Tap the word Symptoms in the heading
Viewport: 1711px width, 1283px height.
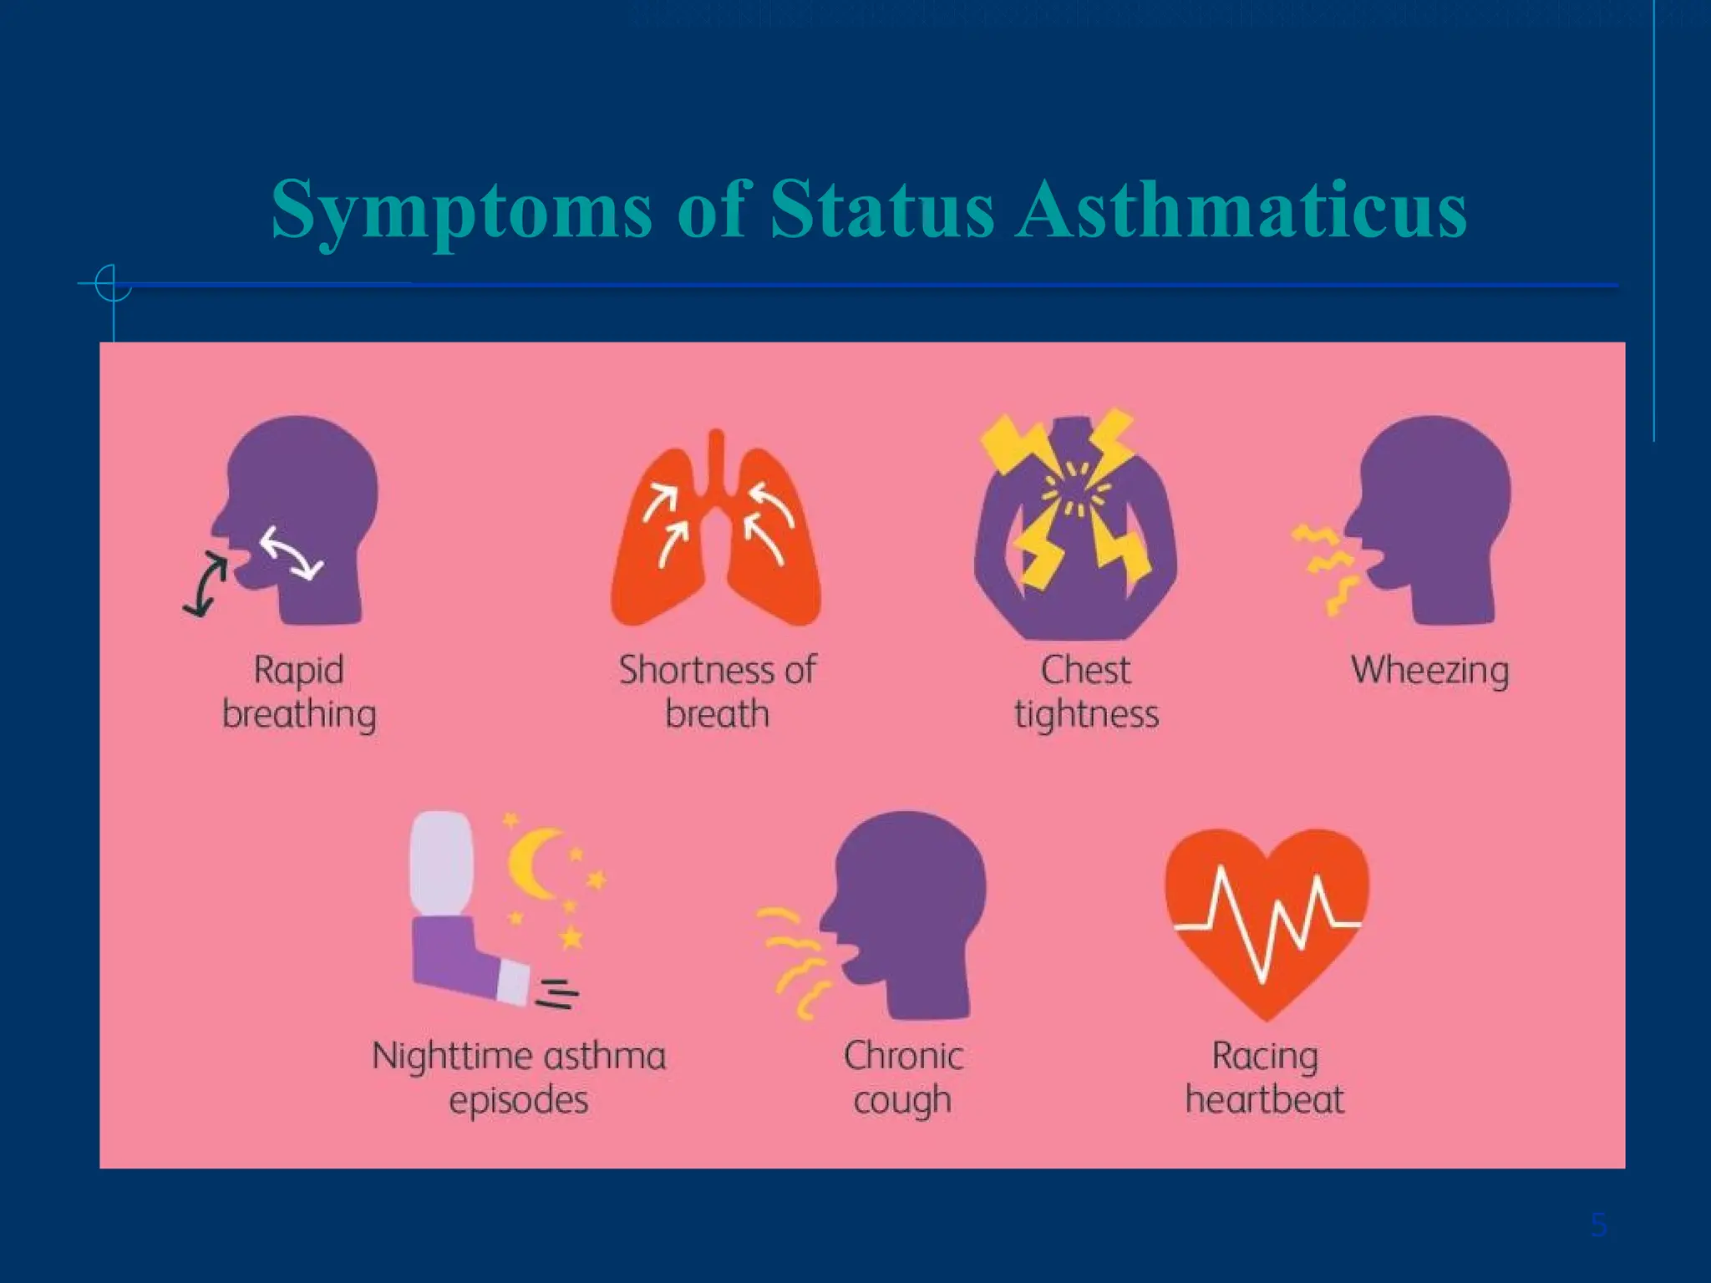click(x=461, y=210)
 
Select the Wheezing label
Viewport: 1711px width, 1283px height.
click(x=1429, y=671)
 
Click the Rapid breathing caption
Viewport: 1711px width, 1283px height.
click(x=299, y=692)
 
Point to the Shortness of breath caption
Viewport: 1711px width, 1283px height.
click(x=717, y=692)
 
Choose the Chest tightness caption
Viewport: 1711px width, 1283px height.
click(x=1086, y=692)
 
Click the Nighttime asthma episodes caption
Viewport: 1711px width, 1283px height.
click(x=519, y=1078)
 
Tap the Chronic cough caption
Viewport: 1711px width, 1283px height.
click(x=903, y=1078)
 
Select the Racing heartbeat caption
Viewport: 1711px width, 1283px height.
click(x=1265, y=1078)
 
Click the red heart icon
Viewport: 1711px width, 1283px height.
click(x=1267, y=919)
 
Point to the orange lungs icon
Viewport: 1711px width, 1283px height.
click(x=716, y=535)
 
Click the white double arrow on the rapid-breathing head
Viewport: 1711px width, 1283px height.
click(x=291, y=552)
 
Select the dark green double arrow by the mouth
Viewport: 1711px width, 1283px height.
click(x=206, y=585)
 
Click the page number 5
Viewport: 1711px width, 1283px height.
click(x=1598, y=1225)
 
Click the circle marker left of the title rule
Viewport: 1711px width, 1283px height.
click(x=112, y=284)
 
